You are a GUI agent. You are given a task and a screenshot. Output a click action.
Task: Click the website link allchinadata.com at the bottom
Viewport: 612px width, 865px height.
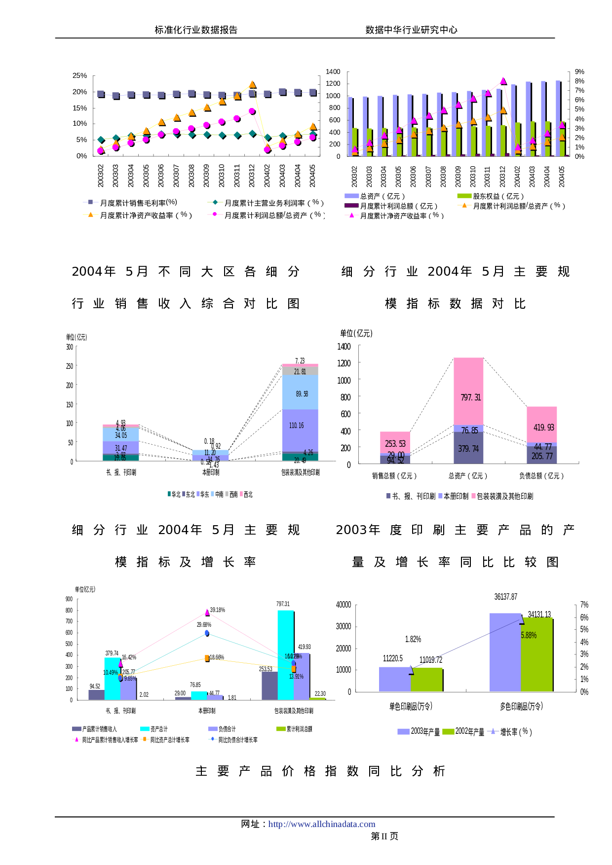321,824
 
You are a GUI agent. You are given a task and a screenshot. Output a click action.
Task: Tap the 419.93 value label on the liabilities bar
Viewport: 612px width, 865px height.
543,428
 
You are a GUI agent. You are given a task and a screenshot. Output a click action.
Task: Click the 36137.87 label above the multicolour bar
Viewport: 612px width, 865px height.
506,597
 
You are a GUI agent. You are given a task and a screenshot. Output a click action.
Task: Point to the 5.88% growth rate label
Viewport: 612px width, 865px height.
529,635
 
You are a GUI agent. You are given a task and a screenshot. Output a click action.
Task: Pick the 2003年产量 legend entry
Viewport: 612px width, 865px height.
419,732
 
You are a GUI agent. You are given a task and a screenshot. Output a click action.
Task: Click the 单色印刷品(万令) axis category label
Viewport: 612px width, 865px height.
411,706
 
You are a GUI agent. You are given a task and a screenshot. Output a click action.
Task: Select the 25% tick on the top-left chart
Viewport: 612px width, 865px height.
79,75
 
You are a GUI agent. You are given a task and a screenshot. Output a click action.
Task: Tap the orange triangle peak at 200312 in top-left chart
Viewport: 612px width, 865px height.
253,85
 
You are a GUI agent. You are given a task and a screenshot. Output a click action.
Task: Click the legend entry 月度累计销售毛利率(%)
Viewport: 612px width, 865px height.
133,202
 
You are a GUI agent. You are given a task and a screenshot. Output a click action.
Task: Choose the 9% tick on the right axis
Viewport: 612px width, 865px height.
579,72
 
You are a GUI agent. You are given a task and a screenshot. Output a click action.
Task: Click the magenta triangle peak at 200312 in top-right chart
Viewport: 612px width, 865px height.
503,81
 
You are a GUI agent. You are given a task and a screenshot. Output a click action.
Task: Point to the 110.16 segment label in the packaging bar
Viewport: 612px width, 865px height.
297,426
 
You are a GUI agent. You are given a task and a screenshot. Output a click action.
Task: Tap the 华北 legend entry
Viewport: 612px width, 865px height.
174,494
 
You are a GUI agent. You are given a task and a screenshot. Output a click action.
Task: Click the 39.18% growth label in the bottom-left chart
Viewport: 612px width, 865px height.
217,610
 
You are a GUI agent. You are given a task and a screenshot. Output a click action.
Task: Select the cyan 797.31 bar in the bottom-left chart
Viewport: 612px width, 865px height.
285,651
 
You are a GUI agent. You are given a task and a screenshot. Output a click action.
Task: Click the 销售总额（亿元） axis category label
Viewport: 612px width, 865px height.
394,476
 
